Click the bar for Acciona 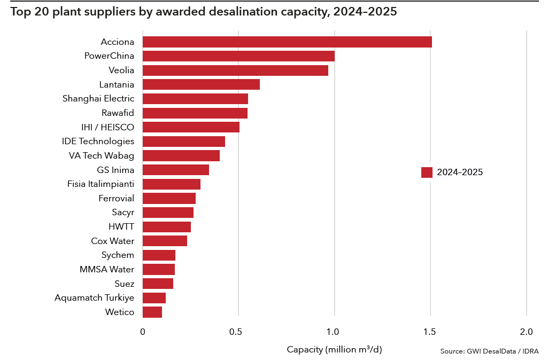287,42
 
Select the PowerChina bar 238,56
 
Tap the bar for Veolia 235,70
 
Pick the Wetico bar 152,312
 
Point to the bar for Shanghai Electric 195,99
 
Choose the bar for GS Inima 176,170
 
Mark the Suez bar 158,284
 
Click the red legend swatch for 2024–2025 427,172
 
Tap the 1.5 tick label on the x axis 430,332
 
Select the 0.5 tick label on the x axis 238,332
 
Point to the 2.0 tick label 527,332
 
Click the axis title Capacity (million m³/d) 335,349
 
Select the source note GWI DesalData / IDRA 489,351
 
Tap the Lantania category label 117,84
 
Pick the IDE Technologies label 98,142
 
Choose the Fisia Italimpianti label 101,184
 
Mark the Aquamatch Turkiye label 94,297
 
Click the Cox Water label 112,241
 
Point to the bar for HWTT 167,227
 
